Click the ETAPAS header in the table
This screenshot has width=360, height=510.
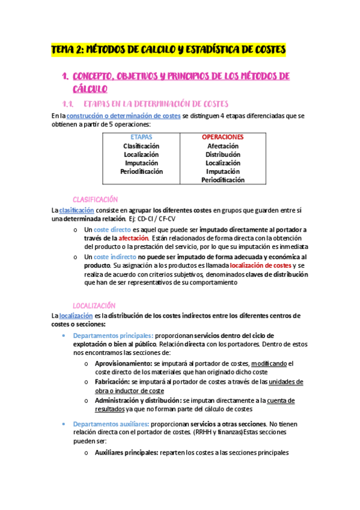coord(141,137)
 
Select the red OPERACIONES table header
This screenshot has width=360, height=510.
coord(222,137)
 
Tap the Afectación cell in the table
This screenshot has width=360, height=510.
coord(222,146)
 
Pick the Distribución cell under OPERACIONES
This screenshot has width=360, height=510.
coord(222,154)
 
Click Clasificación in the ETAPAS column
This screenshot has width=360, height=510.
coord(141,146)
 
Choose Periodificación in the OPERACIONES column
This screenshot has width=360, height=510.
coord(222,180)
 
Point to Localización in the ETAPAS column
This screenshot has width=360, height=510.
coord(141,154)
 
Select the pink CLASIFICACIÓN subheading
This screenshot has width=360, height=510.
coord(95,199)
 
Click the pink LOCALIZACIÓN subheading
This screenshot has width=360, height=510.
coord(94,306)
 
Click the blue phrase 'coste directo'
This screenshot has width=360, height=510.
coord(112,230)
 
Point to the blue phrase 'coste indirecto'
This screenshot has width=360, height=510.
coord(115,256)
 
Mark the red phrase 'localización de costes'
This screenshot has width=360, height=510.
coord(261,265)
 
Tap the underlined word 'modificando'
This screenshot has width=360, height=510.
coord(269,363)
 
